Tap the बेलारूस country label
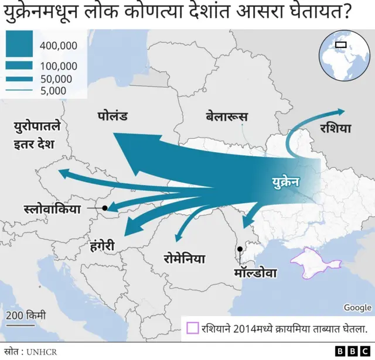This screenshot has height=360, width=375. pos(227,116)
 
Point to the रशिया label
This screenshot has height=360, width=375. pos(336,128)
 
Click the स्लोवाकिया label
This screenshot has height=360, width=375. pos(52,208)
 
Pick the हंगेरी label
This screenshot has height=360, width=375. pos(107,245)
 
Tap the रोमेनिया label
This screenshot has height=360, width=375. pos(184,257)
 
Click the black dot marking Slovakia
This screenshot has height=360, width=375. pos(105,208)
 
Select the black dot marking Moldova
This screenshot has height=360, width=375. pos(240,249)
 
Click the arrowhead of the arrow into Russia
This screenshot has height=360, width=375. pos(340,111)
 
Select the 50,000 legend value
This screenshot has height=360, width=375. pos(56,79)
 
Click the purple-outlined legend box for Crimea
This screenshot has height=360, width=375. pos(192,328)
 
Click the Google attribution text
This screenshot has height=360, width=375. pos(357,308)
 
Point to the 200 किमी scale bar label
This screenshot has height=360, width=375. pos(26,316)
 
